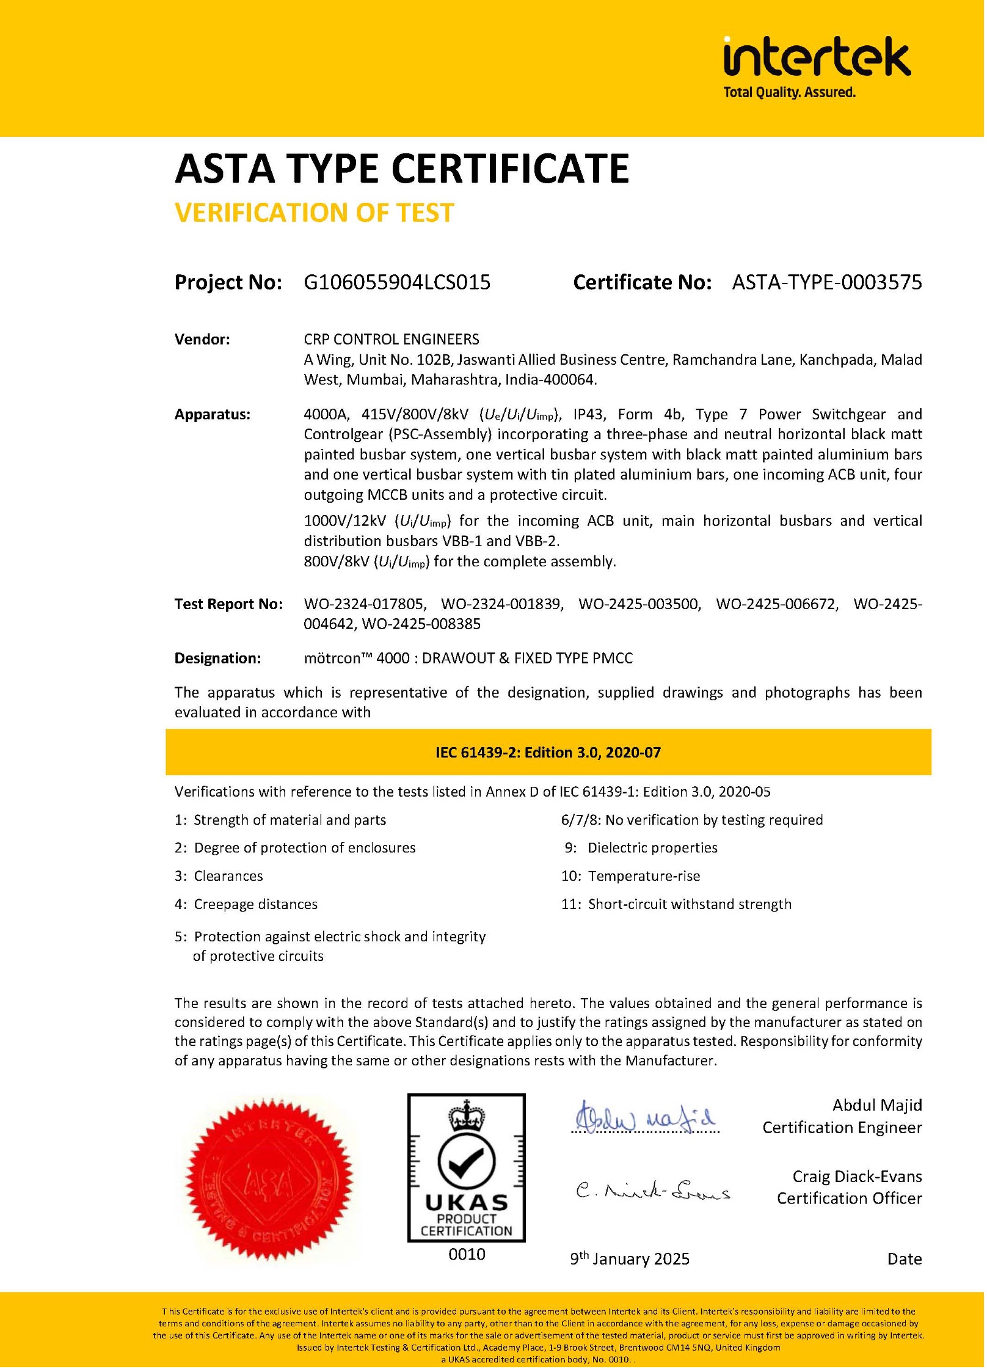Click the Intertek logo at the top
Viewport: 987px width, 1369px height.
pyautogui.click(x=817, y=58)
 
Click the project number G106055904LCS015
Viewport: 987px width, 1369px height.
pyautogui.click(x=397, y=282)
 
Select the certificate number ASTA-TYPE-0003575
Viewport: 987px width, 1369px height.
pyautogui.click(x=827, y=282)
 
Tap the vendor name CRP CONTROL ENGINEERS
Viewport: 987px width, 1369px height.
pyautogui.click(x=392, y=339)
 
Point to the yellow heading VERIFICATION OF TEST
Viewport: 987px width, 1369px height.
pyautogui.click(x=315, y=213)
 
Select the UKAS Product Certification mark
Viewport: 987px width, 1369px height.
pyautogui.click(x=467, y=1167)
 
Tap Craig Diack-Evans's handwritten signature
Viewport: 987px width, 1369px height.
pyautogui.click(x=652, y=1191)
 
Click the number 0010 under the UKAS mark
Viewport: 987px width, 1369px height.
pyautogui.click(x=467, y=1255)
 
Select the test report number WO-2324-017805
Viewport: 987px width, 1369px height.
pyautogui.click(x=364, y=604)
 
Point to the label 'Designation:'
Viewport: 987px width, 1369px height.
pyautogui.click(x=217, y=658)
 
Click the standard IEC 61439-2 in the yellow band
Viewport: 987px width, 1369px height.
pyautogui.click(x=548, y=752)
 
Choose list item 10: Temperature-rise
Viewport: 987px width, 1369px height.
pyautogui.click(x=630, y=876)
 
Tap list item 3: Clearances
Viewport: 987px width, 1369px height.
pyautogui.click(x=219, y=876)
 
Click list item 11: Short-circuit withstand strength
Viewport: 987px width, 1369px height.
pyautogui.click(x=676, y=904)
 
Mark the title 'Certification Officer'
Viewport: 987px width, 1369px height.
pyautogui.click(x=849, y=1199)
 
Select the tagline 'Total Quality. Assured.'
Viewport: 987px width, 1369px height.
pyautogui.click(x=789, y=93)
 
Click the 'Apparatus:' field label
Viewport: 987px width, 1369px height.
pyautogui.click(x=213, y=414)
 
